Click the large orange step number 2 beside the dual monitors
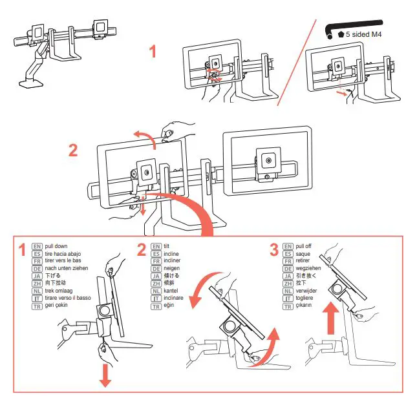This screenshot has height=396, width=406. coord(73,150)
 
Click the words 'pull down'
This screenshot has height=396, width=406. coord(56,247)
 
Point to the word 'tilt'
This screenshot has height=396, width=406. coord(167,247)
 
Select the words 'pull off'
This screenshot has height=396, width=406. coord(307,247)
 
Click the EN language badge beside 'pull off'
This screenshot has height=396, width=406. coord(288,247)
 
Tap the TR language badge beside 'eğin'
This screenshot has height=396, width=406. coord(156,306)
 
